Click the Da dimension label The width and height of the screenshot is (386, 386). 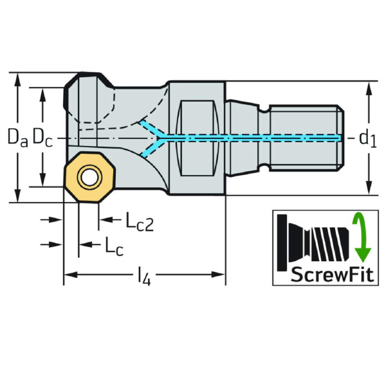[x=18, y=138]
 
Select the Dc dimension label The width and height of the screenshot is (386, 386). [x=42, y=138]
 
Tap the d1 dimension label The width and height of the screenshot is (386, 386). [x=368, y=139]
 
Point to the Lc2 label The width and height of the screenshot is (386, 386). [x=140, y=221]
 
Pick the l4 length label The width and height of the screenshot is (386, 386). [x=144, y=277]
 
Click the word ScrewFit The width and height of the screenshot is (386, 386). [x=332, y=274]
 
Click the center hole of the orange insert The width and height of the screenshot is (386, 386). [x=89, y=177]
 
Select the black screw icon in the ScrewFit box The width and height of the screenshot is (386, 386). [x=313, y=243]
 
